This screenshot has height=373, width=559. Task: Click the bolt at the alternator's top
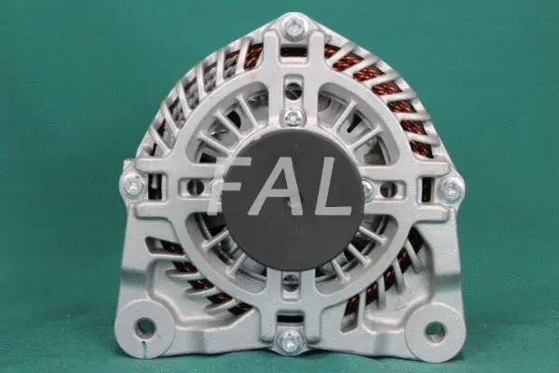click(294, 28)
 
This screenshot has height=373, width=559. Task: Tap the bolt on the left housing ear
click(134, 186)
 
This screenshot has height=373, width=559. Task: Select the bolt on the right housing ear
click(452, 190)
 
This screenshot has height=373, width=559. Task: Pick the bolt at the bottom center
click(292, 341)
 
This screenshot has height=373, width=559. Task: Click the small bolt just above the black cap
click(293, 117)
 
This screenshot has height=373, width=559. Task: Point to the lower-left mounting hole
click(144, 327)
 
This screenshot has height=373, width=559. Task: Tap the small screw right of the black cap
click(368, 189)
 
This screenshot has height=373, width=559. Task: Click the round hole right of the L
click(389, 189)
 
